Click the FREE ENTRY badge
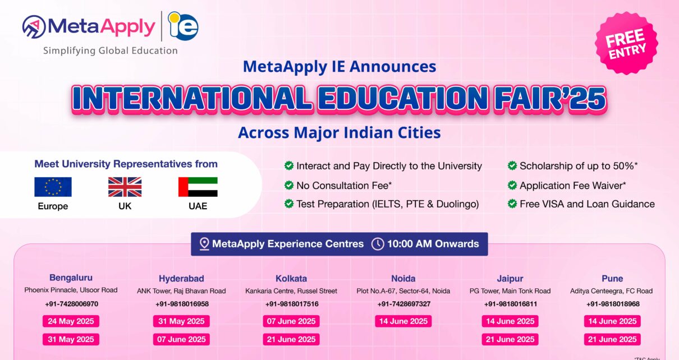(626, 43)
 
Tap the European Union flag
(53, 187)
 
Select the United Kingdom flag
(125, 187)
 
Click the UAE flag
(198, 187)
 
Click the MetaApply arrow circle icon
(34, 27)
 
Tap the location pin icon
(204, 244)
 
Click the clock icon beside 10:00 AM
(378, 244)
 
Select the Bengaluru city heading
(71, 278)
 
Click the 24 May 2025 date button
(71, 321)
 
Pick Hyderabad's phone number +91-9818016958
(182, 304)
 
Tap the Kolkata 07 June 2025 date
(291, 321)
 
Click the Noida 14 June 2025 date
(403, 321)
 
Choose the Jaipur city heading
(510, 279)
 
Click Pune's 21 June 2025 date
(612, 339)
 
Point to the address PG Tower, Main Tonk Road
(510, 291)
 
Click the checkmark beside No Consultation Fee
(289, 185)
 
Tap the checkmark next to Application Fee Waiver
(512, 185)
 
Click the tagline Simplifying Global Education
(111, 50)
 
